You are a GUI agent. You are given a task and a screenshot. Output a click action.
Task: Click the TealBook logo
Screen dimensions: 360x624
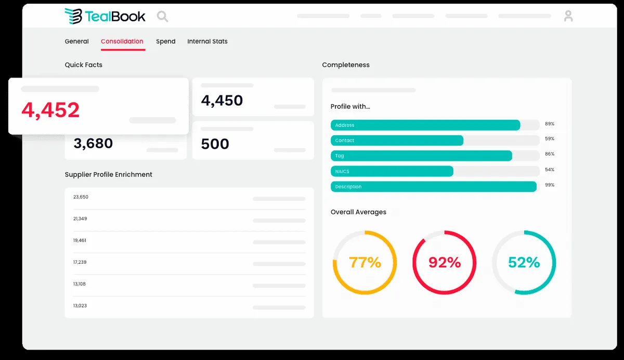pyautogui.click(x=105, y=16)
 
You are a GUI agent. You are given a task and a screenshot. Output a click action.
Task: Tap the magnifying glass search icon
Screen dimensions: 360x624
pyautogui.click(x=162, y=17)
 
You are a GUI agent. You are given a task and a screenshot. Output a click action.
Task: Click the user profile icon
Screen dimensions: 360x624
pyautogui.click(x=568, y=16)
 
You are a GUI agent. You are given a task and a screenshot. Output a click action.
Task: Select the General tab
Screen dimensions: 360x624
pyautogui.click(x=76, y=42)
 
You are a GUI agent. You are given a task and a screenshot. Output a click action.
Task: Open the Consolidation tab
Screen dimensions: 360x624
pyautogui.click(x=122, y=42)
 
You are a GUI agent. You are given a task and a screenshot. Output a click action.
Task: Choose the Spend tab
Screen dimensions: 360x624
pyautogui.click(x=166, y=42)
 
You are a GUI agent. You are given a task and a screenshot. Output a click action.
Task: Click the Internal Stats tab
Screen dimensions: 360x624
pyautogui.click(x=207, y=42)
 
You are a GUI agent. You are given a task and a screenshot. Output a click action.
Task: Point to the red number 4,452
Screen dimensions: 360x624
pyautogui.click(x=50, y=110)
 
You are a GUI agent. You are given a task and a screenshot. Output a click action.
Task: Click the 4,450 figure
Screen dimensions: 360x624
pyautogui.click(x=222, y=100)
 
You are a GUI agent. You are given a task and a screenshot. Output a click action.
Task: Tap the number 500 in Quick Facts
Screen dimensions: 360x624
pyautogui.click(x=215, y=144)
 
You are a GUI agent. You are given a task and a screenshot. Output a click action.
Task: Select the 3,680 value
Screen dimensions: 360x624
pyautogui.click(x=93, y=144)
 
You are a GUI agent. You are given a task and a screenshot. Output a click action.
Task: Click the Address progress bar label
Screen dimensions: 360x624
pyautogui.click(x=345, y=125)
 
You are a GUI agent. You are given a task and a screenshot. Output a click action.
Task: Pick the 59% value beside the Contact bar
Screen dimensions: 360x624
pyautogui.click(x=550, y=139)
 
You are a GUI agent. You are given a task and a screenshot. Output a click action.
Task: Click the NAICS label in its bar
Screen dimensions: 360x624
pyautogui.click(x=343, y=171)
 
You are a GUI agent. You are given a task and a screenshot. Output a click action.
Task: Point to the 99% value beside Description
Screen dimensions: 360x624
pyautogui.click(x=550, y=185)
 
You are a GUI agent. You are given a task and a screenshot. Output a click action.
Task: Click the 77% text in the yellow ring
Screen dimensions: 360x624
pyautogui.click(x=365, y=263)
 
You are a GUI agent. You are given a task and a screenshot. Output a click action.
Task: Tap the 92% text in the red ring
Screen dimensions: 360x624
pyautogui.click(x=445, y=263)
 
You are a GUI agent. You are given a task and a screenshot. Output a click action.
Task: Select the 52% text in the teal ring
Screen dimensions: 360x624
pyautogui.click(x=524, y=263)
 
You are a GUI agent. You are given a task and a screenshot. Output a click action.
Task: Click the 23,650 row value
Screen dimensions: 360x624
pyautogui.click(x=81, y=197)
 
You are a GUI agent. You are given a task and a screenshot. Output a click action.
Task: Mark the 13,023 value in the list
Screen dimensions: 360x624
pyautogui.click(x=80, y=306)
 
